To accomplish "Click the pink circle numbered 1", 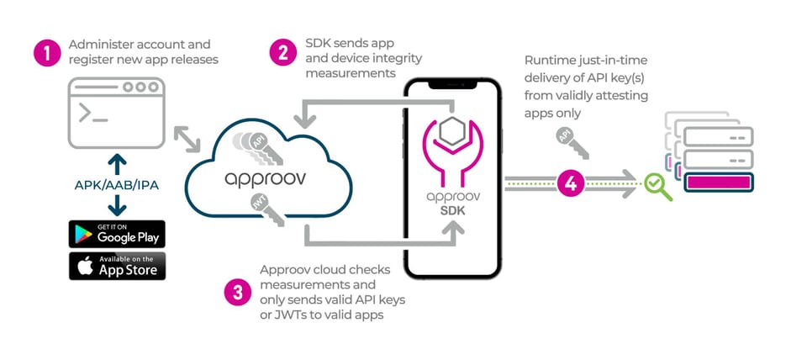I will point(47,53).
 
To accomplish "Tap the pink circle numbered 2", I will point(283,52).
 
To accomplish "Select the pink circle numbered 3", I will point(238,292).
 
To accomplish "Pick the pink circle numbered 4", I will point(571,183).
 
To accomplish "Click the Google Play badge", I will point(117,233).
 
